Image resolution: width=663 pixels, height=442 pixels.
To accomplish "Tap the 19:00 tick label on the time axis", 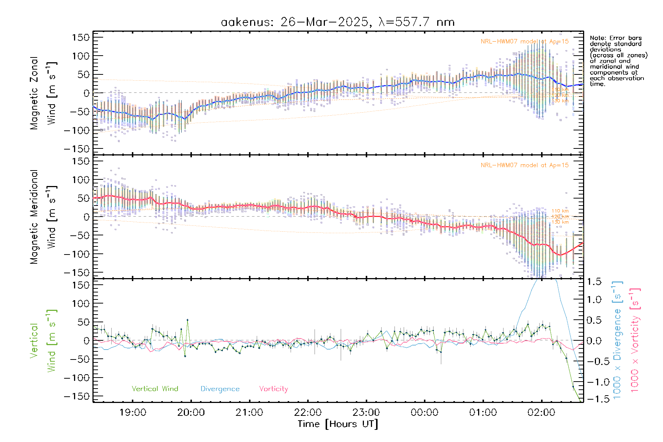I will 133,412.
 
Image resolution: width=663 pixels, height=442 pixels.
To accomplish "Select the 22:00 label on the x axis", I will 308,412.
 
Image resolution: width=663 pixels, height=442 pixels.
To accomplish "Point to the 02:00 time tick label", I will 541,412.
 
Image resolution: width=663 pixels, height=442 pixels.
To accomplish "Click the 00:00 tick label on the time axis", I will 424,412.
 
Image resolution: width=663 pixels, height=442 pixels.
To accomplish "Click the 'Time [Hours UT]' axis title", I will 338,424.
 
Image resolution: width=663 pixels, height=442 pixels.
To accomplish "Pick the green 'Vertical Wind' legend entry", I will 155,389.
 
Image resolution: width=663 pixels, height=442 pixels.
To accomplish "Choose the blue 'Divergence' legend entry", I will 220,389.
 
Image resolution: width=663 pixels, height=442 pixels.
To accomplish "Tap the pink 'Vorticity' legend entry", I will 273,389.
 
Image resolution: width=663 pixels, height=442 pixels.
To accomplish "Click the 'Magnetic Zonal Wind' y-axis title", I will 43,93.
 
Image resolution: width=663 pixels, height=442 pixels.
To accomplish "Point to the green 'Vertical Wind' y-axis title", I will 43,341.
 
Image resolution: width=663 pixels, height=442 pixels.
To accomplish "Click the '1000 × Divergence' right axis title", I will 617,341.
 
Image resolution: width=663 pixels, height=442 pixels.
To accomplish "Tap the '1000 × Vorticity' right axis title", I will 635,341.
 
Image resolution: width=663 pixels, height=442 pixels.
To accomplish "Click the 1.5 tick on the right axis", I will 594,282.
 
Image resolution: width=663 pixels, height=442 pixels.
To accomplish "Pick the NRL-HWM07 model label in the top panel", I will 525,42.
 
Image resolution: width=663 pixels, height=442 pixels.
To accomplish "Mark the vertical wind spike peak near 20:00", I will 187,320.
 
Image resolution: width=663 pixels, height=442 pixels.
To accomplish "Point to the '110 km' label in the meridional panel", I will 560,211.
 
